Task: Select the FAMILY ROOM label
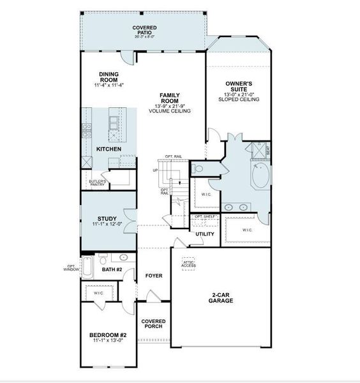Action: pyautogui.click(x=170, y=98)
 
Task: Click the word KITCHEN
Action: pyautogui.click(x=109, y=149)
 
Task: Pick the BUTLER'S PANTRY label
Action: pyautogui.click(x=98, y=183)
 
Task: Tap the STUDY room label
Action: pyautogui.click(x=107, y=218)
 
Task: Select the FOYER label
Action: pyautogui.click(x=154, y=276)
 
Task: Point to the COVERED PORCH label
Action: pyautogui.click(x=153, y=324)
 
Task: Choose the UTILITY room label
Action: pyautogui.click(x=205, y=234)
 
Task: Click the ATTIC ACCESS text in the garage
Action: pyautogui.click(x=189, y=264)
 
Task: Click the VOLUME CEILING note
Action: pyautogui.click(x=170, y=111)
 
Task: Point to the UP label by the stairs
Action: pyautogui.click(x=155, y=170)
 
